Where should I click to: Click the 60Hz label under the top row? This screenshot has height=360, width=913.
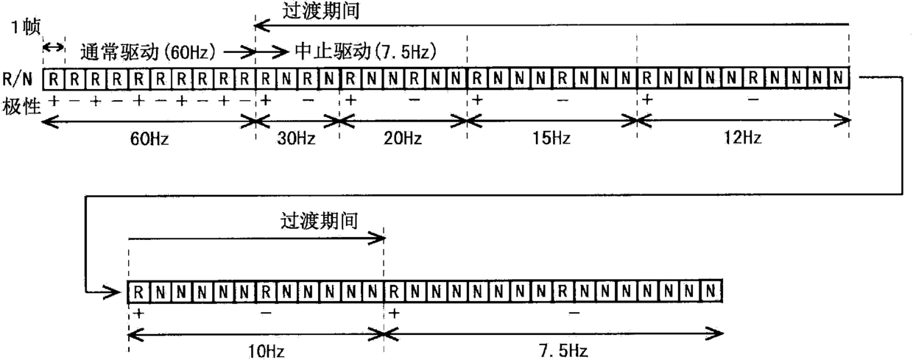pos(149,140)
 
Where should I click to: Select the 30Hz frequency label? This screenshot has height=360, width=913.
pos(297,140)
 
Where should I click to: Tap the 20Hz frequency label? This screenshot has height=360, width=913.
pos(403,140)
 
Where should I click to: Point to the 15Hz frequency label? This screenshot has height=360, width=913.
pos(553,140)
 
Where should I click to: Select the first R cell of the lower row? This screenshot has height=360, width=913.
pos(138,290)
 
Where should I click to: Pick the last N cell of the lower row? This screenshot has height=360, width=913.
pos(711,290)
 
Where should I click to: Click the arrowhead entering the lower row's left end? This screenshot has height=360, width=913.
pos(117,292)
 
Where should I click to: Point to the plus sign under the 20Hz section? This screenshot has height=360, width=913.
pos(350,99)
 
